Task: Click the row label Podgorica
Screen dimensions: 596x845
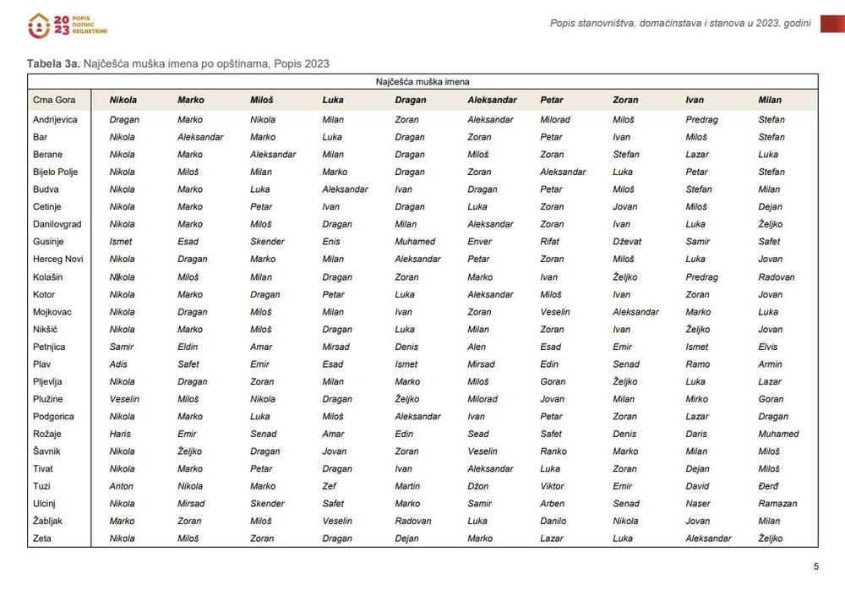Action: pyautogui.click(x=52, y=416)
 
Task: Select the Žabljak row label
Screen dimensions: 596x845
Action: pyautogui.click(x=48, y=521)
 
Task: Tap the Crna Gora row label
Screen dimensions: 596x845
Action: pyautogui.click(x=54, y=100)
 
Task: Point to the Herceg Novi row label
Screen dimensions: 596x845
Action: pyautogui.click(x=57, y=259)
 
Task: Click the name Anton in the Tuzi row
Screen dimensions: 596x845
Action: pyautogui.click(x=121, y=486)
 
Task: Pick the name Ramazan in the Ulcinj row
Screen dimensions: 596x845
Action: pyautogui.click(x=777, y=503)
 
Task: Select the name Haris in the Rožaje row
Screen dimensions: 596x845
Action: pyautogui.click(x=120, y=434)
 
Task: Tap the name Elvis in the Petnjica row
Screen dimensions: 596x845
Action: pyautogui.click(x=768, y=347)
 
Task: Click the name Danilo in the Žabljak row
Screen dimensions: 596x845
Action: pyautogui.click(x=553, y=521)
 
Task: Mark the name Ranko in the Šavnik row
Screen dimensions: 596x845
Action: pyautogui.click(x=553, y=451)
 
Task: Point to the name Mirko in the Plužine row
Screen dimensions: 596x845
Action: pyautogui.click(x=696, y=399)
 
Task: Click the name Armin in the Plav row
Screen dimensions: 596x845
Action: pyautogui.click(x=770, y=364)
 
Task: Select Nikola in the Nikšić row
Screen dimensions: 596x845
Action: pyautogui.click(x=122, y=329)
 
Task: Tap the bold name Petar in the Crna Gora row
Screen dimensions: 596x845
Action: pyautogui.click(x=551, y=100)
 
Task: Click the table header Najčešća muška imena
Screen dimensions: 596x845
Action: pyautogui.click(x=422, y=82)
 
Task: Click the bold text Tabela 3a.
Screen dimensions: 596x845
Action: pyautogui.click(x=52, y=63)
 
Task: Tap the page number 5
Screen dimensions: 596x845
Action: pyautogui.click(x=815, y=566)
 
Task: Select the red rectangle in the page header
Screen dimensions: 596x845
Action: pyautogui.click(x=831, y=24)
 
